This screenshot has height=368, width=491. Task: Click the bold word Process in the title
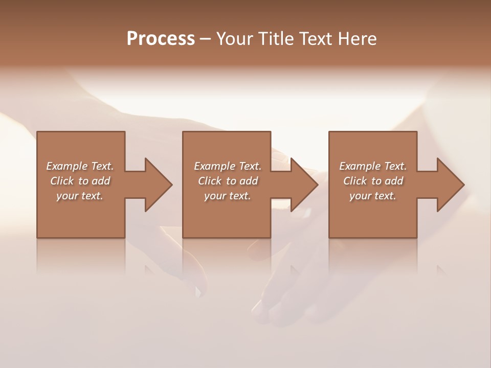tap(161, 39)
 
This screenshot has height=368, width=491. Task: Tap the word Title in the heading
tap(279, 39)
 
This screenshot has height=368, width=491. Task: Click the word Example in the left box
tap(66, 166)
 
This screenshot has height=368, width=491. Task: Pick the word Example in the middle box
tap(214, 166)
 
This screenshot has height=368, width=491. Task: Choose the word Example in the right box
tap(360, 166)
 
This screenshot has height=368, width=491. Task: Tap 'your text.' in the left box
tap(80, 196)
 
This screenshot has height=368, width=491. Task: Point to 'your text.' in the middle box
tap(228, 196)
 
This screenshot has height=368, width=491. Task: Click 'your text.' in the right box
tap(373, 196)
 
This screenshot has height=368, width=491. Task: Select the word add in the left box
tap(101, 181)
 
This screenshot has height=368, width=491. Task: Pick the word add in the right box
tap(394, 181)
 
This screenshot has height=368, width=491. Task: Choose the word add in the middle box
tap(249, 181)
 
